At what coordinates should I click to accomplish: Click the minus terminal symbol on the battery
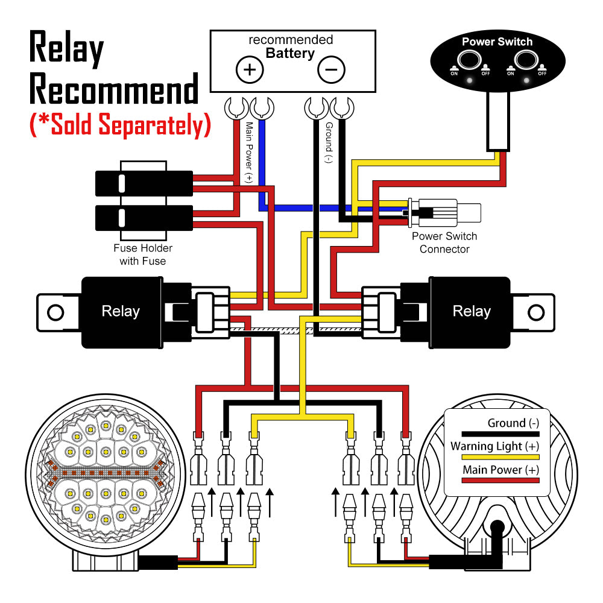pyautogui.click(x=331, y=70)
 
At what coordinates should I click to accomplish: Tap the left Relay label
pyautogui.click(x=121, y=311)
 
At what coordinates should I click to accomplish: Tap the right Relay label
pyautogui.click(x=472, y=311)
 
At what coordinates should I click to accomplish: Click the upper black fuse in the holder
pyautogui.click(x=144, y=183)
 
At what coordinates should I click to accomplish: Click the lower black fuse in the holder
pyautogui.click(x=144, y=217)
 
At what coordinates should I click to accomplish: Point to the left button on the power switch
pyautogui.click(x=469, y=61)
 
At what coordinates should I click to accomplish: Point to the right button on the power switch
pyautogui.click(x=526, y=61)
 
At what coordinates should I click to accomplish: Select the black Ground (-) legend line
pyautogui.click(x=500, y=434)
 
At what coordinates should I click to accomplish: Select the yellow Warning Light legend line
pyautogui.click(x=500, y=457)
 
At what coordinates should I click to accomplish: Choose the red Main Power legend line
pyautogui.click(x=500, y=481)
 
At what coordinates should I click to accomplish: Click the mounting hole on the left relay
pyautogui.click(x=55, y=312)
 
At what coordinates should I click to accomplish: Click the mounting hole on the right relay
pyautogui.click(x=536, y=312)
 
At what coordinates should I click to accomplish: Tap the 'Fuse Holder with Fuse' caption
pyautogui.click(x=143, y=254)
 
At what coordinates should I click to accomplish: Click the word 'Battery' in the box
pyautogui.click(x=290, y=53)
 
